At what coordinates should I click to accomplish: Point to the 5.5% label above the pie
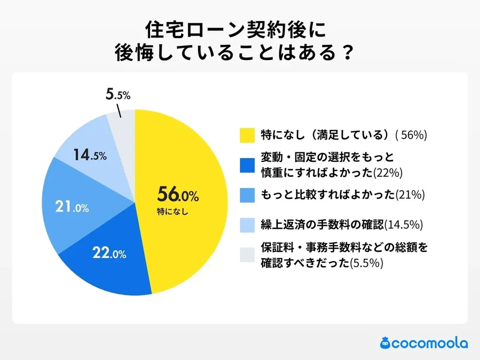(x=118, y=95)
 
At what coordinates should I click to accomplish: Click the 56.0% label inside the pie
(x=178, y=194)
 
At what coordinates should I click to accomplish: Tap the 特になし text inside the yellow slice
(x=172, y=211)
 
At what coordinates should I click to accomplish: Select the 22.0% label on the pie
(x=109, y=254)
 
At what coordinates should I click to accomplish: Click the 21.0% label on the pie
(x=72, y=207)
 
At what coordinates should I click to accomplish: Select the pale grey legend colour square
(x=247, y=255)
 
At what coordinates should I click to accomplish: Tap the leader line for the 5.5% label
(x=119, y=112)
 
